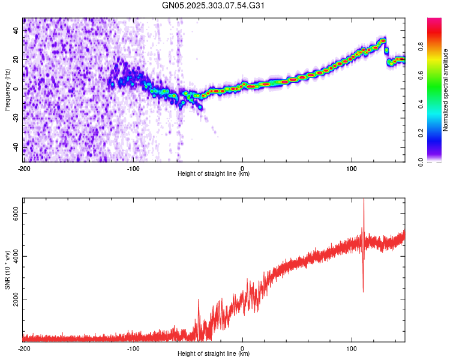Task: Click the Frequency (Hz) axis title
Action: click(7, 89)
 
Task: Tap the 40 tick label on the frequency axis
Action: click(16, 30)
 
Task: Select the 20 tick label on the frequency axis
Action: click(16, 59)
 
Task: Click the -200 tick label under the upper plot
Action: click(24, 168)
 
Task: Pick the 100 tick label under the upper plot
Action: click(352, 168)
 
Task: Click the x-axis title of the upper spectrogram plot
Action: click(214, 174)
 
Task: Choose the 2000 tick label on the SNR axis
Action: click(13, 299)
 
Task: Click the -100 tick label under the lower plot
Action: click(133, 348)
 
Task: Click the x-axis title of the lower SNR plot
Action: click(214, 354)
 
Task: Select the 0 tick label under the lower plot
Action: click(242, 348)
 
